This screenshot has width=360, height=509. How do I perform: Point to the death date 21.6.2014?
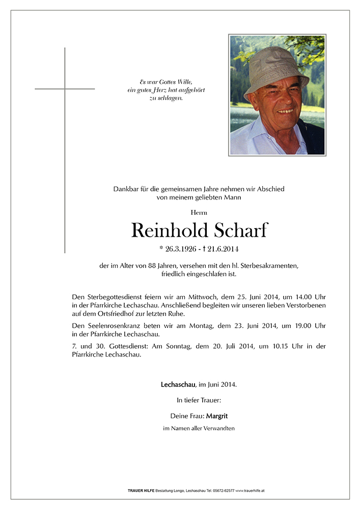tap(221, 249)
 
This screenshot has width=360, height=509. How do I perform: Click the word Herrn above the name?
tap(199, 212)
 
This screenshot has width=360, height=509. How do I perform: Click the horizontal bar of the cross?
tap(65, 89)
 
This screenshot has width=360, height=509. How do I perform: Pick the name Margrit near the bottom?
tap(217, 416)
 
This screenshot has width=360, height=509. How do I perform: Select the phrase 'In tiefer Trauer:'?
tap(199, 401)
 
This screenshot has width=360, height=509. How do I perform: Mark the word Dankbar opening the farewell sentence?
tap(125, 189)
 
